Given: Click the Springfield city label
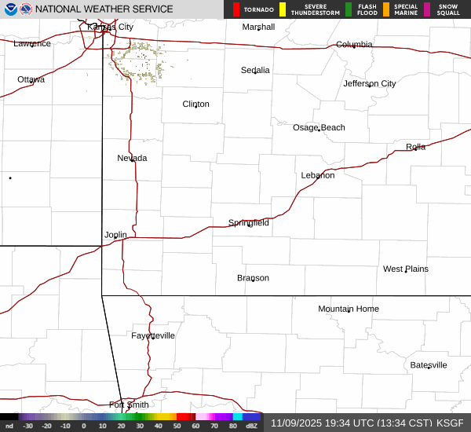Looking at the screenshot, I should [249, 223].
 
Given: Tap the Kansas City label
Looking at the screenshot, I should [110, 27].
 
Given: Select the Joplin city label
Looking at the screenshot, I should [115, 235].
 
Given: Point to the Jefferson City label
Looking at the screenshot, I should [370, 84].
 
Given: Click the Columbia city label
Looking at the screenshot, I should [354, 45].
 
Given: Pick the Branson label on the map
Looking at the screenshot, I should [253, 278].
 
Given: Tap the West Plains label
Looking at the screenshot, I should [406, 269].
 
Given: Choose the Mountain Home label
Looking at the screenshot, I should [349, 309].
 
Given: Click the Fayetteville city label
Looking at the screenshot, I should [153, 336].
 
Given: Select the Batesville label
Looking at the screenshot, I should [429, 365].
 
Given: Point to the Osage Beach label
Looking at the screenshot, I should [319, 128].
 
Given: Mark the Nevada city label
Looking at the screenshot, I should [132, 158].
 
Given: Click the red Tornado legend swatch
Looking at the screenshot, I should [236, 9].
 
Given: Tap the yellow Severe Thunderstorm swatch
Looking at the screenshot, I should [283, 9].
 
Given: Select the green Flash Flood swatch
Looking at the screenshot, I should [349, 9].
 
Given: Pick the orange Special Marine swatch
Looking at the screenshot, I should [386, 9].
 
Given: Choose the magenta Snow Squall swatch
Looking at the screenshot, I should [427, 9].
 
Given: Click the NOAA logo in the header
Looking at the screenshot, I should [10, 9].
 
